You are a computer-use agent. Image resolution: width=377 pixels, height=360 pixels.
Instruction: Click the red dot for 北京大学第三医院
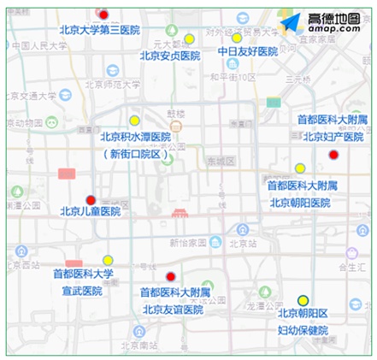(x=103, y=15)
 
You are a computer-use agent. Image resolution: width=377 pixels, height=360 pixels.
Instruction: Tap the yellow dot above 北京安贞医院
(x=189, y=39)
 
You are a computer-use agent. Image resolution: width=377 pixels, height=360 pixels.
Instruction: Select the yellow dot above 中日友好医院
(x=237, y=38)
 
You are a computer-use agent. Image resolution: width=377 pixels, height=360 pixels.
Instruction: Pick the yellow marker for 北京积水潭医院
(x=134, y=121)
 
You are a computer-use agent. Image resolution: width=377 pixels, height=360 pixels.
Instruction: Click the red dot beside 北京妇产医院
(x=333, y=155)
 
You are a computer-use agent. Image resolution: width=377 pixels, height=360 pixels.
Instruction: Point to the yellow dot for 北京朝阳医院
(x=300, y=168)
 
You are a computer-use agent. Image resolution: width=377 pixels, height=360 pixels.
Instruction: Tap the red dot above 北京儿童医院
(x=91, y=201)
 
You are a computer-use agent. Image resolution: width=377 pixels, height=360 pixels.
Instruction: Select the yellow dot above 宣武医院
(x=108, y=260)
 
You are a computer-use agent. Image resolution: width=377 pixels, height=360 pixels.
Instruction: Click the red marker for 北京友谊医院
(x=171, y=276)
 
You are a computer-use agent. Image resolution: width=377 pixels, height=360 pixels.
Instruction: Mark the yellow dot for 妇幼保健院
(x=303, y=300)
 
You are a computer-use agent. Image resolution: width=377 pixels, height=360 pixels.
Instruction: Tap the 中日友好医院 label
(x=247, y=52)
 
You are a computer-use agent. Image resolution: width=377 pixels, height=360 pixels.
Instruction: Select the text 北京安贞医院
(x=170, y=56)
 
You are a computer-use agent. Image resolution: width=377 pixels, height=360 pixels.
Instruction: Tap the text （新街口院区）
(x=135, y=154)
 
